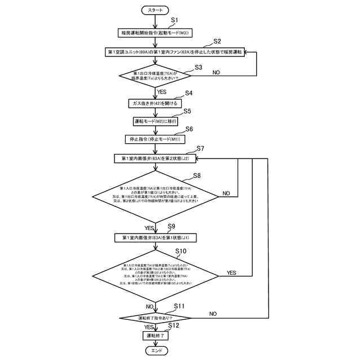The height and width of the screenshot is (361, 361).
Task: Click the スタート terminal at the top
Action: click(x=155, y=11)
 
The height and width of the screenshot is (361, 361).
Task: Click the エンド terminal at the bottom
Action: click(x=155, y=350)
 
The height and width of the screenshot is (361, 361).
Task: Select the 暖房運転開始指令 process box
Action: click(x=155, y=33)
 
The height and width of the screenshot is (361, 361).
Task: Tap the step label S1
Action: click(x=175, y=20)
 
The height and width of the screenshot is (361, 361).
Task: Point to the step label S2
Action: click(x=217, y=41)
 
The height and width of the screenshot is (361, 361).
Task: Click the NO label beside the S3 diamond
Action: click(x=216, y=72)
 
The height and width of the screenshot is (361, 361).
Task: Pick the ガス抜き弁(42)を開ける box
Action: click(x=155, y=104)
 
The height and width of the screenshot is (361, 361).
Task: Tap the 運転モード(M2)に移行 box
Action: click(x=155, y=121)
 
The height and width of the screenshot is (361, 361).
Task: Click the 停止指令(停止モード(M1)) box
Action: click(x=155, y=139)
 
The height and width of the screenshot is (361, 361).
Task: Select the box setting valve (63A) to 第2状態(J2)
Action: click(x=155, y=159)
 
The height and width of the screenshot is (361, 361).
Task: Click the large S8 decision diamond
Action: click(x=155, y=196)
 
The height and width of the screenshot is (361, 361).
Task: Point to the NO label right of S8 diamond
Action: click(x=226, y=193)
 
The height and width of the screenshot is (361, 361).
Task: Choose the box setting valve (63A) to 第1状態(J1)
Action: click(x=155, y=238)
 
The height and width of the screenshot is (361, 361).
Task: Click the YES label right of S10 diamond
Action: click(x=231, y=272)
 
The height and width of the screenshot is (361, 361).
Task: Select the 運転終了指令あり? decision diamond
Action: click(x=155, y=318)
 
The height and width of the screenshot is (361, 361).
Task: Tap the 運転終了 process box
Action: click(x=155, y=336)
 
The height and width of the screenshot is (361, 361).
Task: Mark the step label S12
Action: click(x=173, y=325)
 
